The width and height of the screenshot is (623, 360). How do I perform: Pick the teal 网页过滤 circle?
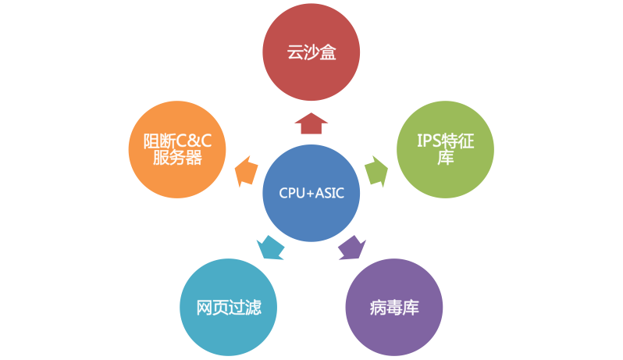[x=228, y=306]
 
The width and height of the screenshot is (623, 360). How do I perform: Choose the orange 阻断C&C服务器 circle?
[x=178, y=150]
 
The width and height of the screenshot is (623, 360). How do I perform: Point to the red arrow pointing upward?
[x=311, y=123]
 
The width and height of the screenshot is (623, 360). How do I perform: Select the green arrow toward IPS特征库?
[x=376, y=170]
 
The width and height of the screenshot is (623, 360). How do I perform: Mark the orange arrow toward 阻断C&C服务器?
[x=246, y=170]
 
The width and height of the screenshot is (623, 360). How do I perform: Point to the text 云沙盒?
[x=311, y=54]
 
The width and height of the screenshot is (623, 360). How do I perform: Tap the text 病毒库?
[x=394, y=307]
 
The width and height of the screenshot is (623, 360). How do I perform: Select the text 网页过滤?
[x=228, y=307]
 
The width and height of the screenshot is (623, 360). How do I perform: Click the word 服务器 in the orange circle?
[x=178, y=159]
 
